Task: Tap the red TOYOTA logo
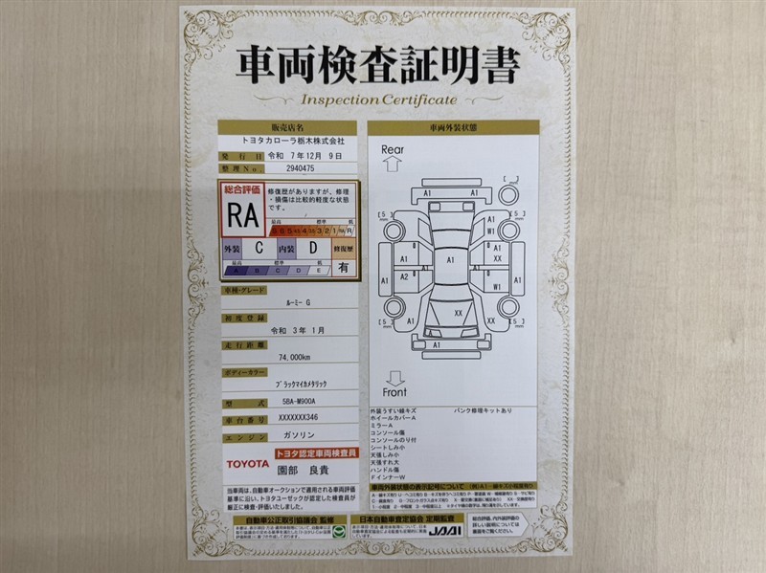point(246,463)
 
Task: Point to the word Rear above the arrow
point(393,149)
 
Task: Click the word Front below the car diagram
point(394,392)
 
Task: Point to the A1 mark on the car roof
point(447,258)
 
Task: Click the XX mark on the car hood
point(458,313)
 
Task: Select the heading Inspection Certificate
point(381,99)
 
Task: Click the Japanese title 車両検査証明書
point(381,67)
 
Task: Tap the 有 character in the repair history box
point(344,269)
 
